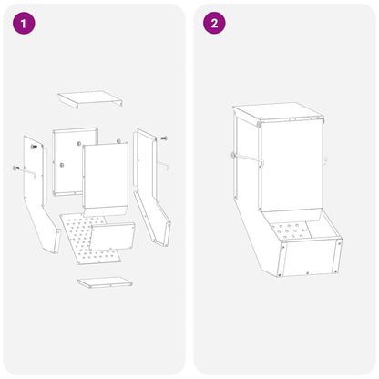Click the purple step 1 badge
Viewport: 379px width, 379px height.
tap(24, 23)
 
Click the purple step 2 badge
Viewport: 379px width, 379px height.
tap(214, 23)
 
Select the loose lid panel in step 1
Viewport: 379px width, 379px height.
tap(90, 99)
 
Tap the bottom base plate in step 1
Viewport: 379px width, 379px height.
tap(105, 282)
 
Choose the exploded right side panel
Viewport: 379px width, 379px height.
tap(151, 187)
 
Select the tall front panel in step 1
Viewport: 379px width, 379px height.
tap(105, 179)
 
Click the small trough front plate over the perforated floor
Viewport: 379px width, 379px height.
tap(113, 236)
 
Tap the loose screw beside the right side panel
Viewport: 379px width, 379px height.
tap(164, 138)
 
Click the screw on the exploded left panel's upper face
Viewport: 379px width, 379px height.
tap(34, 147)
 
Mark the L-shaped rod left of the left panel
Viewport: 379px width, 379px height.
tap(25, 171)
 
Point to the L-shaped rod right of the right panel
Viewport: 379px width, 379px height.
tap(164, 165)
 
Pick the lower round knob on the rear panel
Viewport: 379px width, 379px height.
tap(62, 165)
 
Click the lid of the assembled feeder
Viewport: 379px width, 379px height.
tap(277, 112)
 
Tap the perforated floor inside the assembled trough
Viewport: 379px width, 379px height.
tap(290, 230)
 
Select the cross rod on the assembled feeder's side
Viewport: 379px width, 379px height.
tap(247, 159)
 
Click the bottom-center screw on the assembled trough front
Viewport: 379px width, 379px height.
tap(308, 273)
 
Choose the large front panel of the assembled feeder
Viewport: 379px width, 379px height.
tap(291, 167)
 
